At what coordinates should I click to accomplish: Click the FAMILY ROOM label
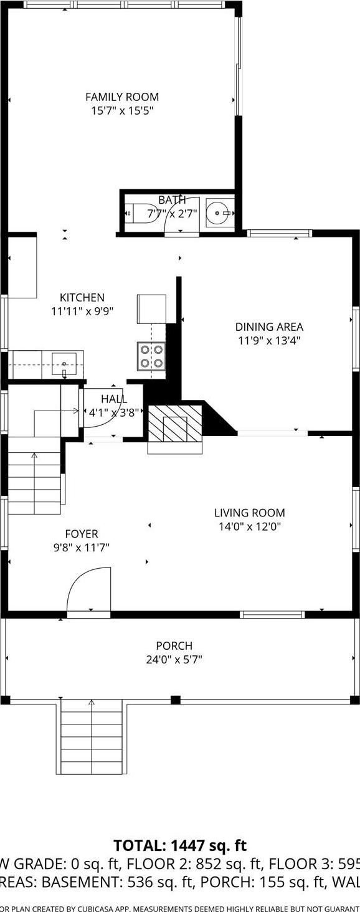coord(122,97)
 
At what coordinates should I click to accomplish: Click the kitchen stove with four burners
coord(151,356)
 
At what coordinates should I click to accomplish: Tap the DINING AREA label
coord(269,326)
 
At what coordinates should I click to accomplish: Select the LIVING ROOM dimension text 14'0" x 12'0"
coord(249,526)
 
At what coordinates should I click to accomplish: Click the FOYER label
coord(82,534)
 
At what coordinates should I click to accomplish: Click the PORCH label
coord(174,646)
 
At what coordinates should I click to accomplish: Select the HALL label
coord(114,399)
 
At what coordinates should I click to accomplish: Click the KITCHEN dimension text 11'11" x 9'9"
coord(82,311)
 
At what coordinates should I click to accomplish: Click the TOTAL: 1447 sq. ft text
coord(180,845)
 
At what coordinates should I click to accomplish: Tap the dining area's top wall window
coord(278,234)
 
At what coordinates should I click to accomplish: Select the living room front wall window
coord(272,615)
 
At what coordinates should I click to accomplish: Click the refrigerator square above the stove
coord(151,308)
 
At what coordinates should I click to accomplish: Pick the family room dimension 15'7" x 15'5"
coord(122,111)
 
